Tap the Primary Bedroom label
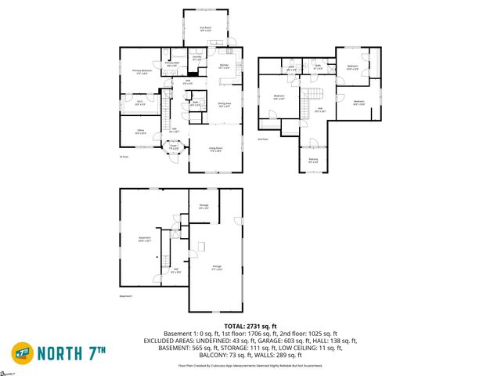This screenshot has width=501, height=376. click(141, 71)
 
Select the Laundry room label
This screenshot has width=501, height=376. click(196, 57)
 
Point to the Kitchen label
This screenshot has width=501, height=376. click(223, 67)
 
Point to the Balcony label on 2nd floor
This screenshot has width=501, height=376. click(313, 160)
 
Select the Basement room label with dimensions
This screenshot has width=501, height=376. click(144, 239)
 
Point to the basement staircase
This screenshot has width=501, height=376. click(165, 262)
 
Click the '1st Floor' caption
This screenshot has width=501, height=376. click(124, 157)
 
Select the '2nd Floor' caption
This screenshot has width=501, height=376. click(263, 139)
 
